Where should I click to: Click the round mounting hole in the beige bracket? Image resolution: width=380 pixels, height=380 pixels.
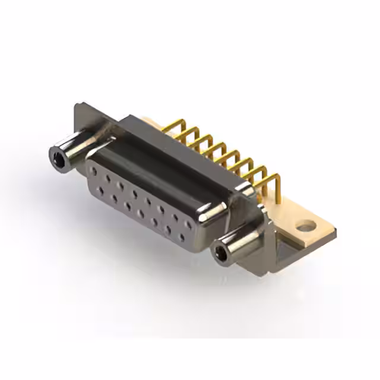tap(305, 226)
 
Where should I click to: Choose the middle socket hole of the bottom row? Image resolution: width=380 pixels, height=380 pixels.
tap(141, 214)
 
